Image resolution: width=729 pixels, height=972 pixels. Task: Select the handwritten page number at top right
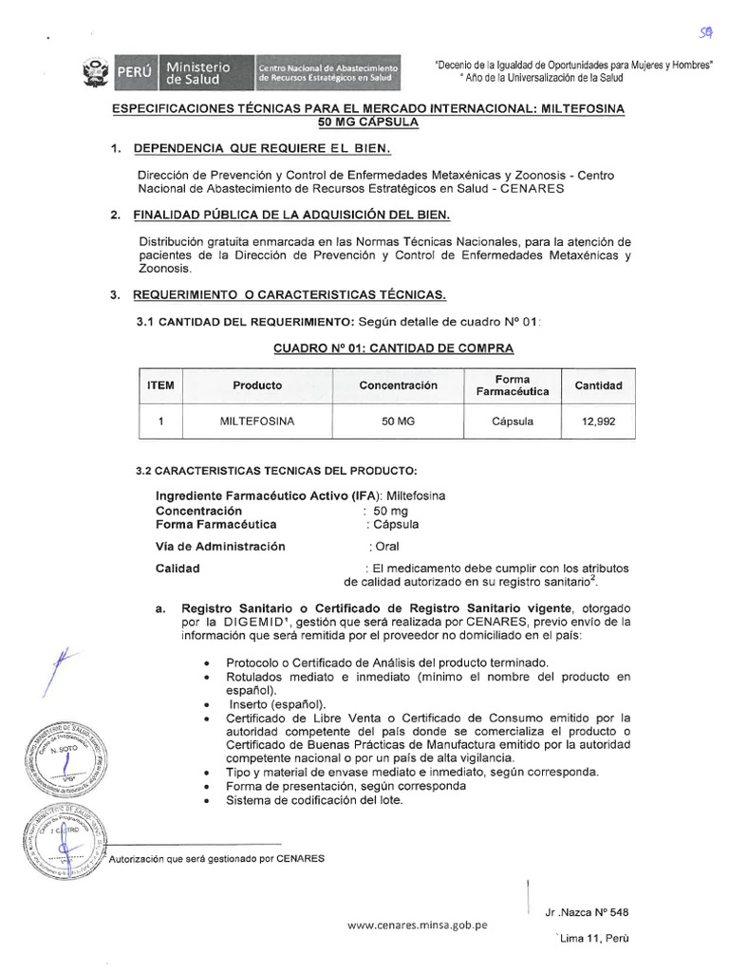tap(705, 33)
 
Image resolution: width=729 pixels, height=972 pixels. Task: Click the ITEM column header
tap(161, 385)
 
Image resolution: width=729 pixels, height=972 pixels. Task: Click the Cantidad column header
tap(598, 385)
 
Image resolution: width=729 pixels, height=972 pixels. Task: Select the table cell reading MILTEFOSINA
tap(257, 421)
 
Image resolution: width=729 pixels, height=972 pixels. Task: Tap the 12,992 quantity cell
tap(598, 421)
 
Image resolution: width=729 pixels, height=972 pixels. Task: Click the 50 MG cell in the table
tap(398, 421)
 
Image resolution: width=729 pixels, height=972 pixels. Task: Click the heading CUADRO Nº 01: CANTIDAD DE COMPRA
tap(381, 348)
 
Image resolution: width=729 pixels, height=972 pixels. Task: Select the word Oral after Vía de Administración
tap(386, 546)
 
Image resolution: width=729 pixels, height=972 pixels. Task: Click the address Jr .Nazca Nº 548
tap(587, 912)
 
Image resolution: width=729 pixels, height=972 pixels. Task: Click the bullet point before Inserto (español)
tap(207, 704)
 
